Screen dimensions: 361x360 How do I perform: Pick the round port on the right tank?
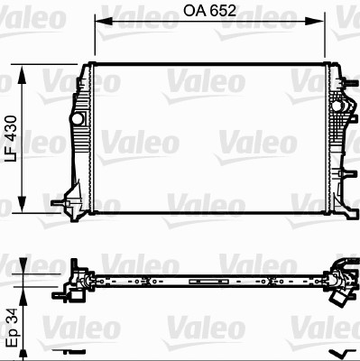click(x=339, y=107)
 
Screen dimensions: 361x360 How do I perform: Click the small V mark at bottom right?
click(x=339, y=352)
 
